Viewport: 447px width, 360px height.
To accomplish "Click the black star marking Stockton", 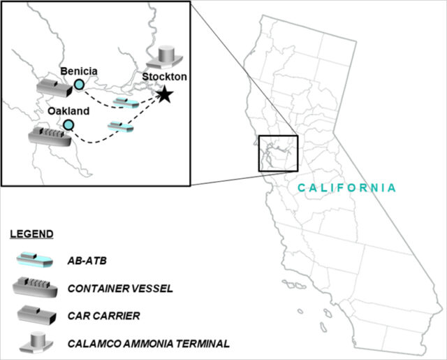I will pos(164,94).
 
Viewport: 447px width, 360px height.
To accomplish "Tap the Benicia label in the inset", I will pos(79,71).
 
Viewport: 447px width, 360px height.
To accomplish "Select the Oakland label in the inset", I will pos(68,110).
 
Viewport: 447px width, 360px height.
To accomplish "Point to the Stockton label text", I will pos(163,76).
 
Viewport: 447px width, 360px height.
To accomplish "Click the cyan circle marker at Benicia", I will pos(79,85).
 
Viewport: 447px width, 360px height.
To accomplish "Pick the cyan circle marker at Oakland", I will pos(68,124).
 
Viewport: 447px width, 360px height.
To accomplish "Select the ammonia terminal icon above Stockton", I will pos(167,57).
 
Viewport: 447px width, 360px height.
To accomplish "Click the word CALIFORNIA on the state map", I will pos(346,188).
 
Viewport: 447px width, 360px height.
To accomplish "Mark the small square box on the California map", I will pos(278,154).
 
